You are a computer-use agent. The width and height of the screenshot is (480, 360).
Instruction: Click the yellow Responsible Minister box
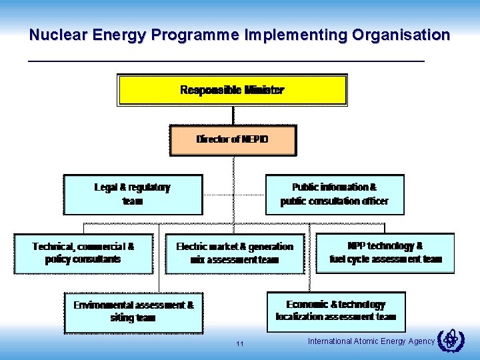click(x=232, y=90)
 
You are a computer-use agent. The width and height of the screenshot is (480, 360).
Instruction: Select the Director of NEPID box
click(x=233, y=140)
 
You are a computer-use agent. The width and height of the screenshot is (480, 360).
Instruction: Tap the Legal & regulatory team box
click(x=133, y=194)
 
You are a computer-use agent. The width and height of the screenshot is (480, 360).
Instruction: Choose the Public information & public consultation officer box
click(x=334, y=194)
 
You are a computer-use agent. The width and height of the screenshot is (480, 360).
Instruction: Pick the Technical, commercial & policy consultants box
click(x=83, y=253)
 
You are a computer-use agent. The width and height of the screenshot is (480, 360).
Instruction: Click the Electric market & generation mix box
click(x=234, y=253)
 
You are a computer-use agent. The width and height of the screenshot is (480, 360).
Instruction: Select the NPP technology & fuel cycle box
click(x=385, y=253)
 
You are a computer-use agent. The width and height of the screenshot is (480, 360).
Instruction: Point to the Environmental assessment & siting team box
click(x=133, y=311)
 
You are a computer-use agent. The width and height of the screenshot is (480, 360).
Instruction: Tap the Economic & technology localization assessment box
click(x=335, y=311)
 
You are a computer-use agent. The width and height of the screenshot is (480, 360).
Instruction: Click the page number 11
click(x=240, y=344)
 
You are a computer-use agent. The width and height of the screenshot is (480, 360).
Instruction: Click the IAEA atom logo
click(x=451, y=341)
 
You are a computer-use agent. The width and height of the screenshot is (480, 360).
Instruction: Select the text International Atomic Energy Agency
click(x=371, y=341)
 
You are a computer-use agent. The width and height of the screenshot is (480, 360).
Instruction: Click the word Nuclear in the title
click(x=54, y=35)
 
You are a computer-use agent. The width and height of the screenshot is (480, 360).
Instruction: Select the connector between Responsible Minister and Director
click(x=233, y=115)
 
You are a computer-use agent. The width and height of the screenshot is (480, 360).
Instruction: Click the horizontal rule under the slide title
click(x=225, y=61)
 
